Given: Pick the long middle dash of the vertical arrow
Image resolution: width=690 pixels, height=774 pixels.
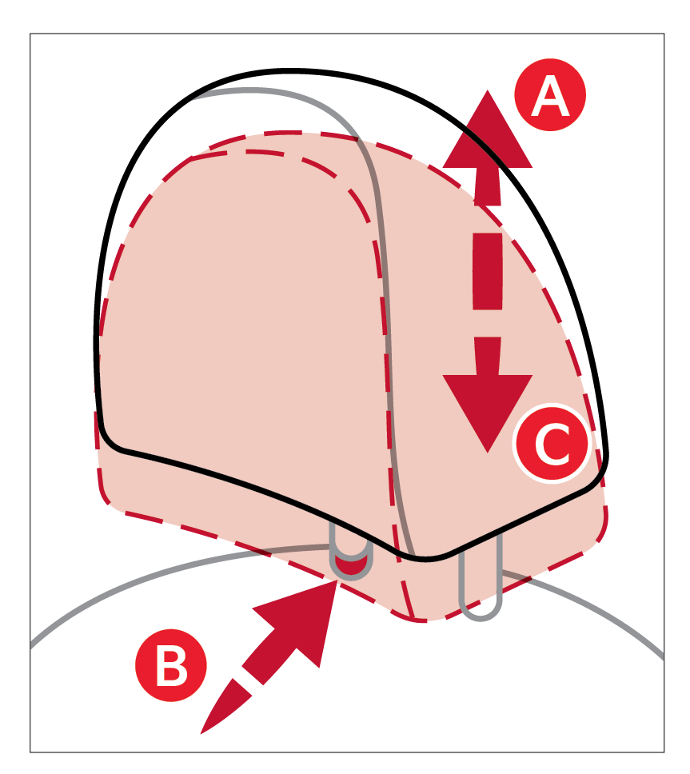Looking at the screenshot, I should click(x=488, y=272).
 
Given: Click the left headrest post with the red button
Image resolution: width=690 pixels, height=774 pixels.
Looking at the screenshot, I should click(x=351, y=560).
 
